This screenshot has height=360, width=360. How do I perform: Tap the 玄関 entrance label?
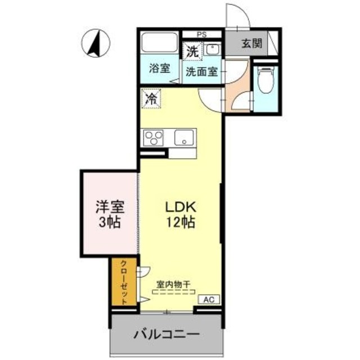click(251, 44)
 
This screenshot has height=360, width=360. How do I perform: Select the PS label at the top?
click(201, 33)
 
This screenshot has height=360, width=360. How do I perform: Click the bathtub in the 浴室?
click(159, 44)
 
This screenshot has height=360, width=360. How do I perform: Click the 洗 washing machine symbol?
click(192, 51)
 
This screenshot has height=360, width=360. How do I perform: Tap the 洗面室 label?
click(202, 72)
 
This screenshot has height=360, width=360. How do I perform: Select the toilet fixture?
click(264, 79)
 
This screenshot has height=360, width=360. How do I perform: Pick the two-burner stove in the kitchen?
click(154, 137)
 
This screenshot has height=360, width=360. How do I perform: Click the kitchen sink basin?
click(184, 137)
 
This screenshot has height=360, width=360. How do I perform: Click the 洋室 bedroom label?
click(110, 206)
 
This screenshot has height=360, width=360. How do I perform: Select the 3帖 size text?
click(110, 222)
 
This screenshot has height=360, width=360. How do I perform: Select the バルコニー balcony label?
click(167, 335)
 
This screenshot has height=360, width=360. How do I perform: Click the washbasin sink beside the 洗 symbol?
click(213, 50)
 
